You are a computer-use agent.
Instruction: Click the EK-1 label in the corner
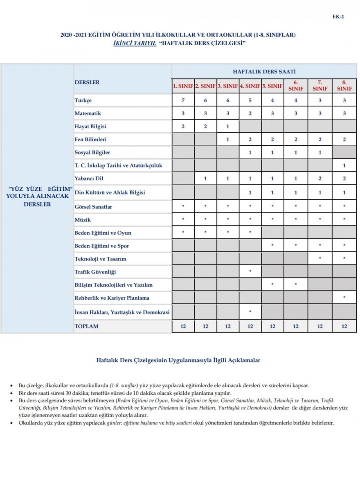click(x=338, y=17)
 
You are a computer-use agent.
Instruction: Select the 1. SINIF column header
click(x=183, y=86)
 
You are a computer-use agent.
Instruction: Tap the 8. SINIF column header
click(x=344, y=86)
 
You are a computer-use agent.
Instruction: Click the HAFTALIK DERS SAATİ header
click(x=264, y=71)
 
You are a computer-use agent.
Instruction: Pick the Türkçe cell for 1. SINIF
click(x=183, y=100)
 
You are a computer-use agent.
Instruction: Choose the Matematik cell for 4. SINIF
click(x=250, y=113)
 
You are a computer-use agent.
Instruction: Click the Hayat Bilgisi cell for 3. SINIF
click(x=228, y=127)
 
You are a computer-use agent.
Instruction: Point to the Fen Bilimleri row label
click(x=90, y=140)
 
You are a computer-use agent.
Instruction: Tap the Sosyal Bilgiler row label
click(x=92, y=153)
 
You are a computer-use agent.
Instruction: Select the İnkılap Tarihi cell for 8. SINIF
click(x=344, y=166)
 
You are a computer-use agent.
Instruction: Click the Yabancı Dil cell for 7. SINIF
click(x=320, y=179)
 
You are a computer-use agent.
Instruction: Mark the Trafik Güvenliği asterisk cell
click(x=250, y=272)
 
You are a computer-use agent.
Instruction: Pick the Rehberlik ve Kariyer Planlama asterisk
click(x=344, y=298)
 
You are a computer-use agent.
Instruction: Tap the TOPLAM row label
click(x=86, y=326)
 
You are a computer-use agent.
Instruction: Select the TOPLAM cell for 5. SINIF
click(x=272, y=326)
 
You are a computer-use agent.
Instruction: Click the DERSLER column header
click(x=87, y=82)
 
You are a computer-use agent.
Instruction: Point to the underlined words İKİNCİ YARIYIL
click(x=135, y=43)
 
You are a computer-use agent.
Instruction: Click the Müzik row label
click(x=82, y=220)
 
